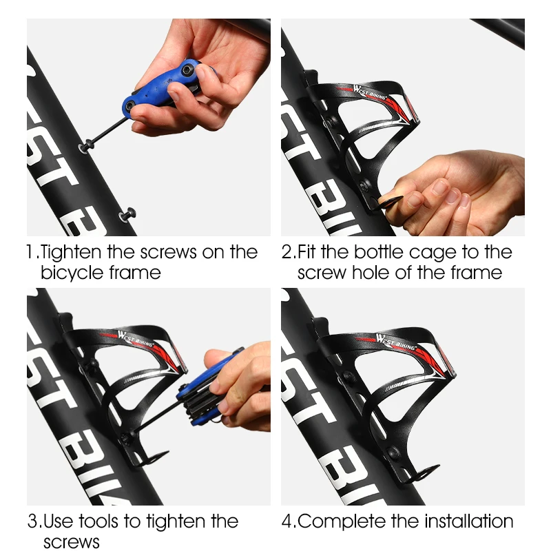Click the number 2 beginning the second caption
pyautogui.click(x=287, y=252)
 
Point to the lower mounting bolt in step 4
pyautogui.click(x=395, y=453)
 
